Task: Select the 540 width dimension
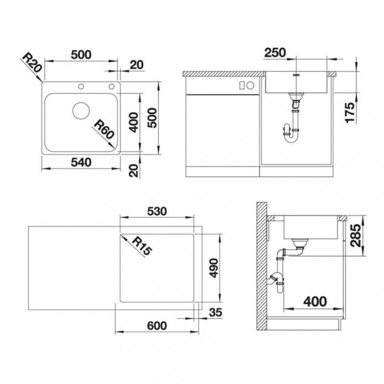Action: click(81, 162)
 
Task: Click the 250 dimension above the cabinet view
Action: click(275, 53)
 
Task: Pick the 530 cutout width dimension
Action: click(157, 211)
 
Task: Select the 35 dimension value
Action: click(215, 313)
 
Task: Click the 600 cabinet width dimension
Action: click(157, 326)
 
